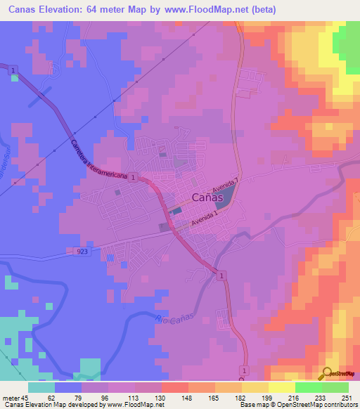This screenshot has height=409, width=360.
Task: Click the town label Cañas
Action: point(207,198)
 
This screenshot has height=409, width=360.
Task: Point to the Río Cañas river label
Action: point(171,322)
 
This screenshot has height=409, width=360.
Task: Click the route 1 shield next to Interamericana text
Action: point(133,178)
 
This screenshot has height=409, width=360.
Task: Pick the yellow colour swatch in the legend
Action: point(282,387)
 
